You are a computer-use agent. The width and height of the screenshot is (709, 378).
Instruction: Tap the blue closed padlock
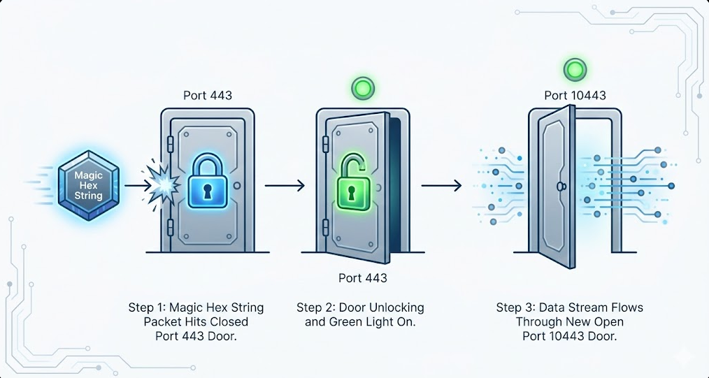coord(208,182)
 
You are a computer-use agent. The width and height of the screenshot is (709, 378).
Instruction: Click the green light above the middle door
coord(363,89)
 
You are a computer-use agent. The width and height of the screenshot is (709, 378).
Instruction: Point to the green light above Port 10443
coord(575,70)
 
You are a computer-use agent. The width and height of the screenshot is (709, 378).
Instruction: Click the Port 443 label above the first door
coord(208,96)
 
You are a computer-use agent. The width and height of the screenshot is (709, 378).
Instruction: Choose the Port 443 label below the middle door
coord(362,278)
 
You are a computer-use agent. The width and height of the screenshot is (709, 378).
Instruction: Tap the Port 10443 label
coord(575,96)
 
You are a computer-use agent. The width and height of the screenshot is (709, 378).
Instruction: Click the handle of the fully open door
coord(560,187)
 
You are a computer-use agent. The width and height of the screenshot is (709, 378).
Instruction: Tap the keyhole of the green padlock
coord(355,190)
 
